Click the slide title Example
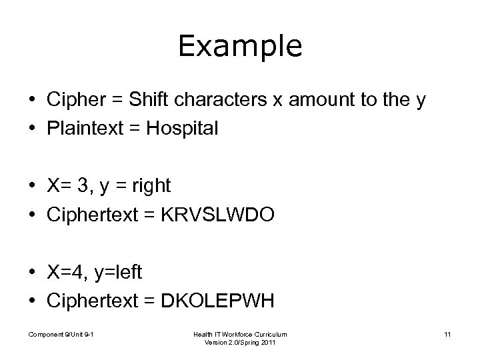click(x=240, y=46)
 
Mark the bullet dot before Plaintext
click(x=32, y=129)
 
